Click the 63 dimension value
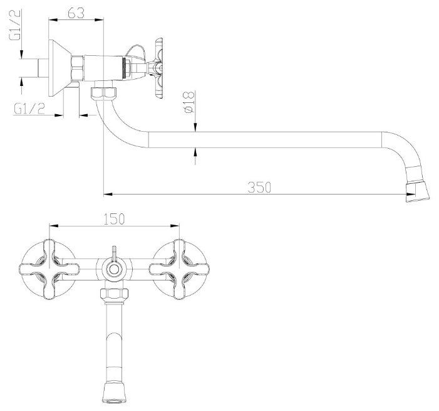point(76,13)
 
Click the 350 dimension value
point(259,188)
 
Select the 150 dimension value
point(114,219)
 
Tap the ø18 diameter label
point(189,102)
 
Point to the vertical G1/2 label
point(15,24)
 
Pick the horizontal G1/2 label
point(29,109)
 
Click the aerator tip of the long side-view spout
point(418,192)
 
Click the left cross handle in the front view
point(49,269)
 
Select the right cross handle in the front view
point(179,269)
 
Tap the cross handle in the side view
point(158,68)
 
